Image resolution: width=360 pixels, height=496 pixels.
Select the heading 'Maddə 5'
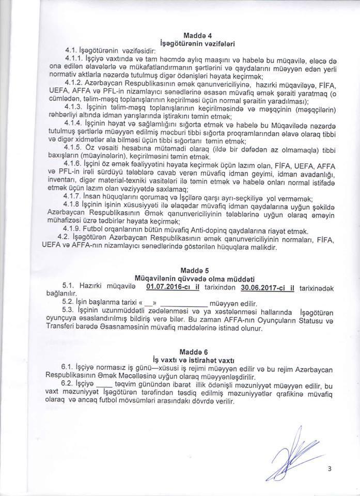[193, 270]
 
